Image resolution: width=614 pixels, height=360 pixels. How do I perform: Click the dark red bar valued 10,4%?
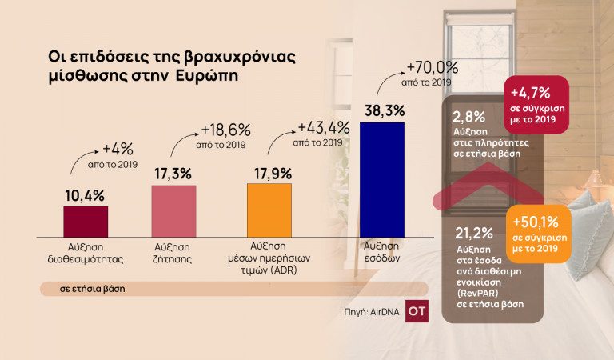(x=86, y=221)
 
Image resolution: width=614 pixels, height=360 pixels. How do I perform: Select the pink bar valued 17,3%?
(x=173, y=210)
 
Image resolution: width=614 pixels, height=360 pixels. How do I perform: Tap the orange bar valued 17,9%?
(x=269, y=210)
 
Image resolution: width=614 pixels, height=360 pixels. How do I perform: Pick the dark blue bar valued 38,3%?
(x=382, y=179)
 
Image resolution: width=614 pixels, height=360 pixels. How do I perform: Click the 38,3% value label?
(x=381, y=110)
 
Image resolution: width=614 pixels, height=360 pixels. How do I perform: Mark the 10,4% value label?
(x=84, y=194)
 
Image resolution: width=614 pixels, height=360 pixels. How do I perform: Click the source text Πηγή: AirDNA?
(x=369, y=311)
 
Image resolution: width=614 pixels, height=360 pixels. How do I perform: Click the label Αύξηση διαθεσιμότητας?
(x=86, y=252)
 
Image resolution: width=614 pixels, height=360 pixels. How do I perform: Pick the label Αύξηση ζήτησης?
(x=173, y=252)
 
